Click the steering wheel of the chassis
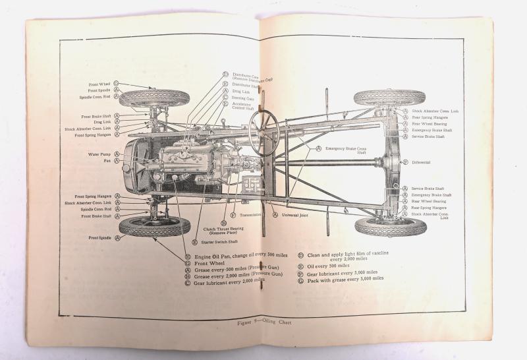tap(263, 129)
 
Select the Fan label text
tap(106, 162)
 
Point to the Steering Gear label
tap(243, 98)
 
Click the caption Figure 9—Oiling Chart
tap(263, 322)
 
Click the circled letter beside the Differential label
tap(406, 162)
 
